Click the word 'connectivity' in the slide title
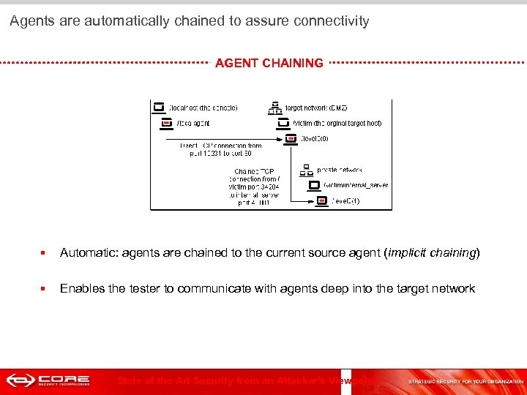(x=333, y=21)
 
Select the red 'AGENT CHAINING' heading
(x=269, y=63)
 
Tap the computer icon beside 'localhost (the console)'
(x=159, y=107)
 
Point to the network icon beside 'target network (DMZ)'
(x=275, y=108)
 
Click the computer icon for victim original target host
(x=285, y=123)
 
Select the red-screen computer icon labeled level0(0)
(x=291, y=138)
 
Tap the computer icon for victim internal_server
(x=315, y=185)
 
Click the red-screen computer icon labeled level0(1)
(x=321, y=200)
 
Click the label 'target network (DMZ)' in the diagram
(x=316, y=108)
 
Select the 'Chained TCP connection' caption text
(x=253, y=187)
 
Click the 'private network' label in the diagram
(x=340, y=170)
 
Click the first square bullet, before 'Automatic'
(x=44, y=253)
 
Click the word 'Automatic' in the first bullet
(x=88, y=253)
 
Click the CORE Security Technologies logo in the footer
(x=48, y=380)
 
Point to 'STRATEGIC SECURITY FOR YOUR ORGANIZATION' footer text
(x=466, y=381)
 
